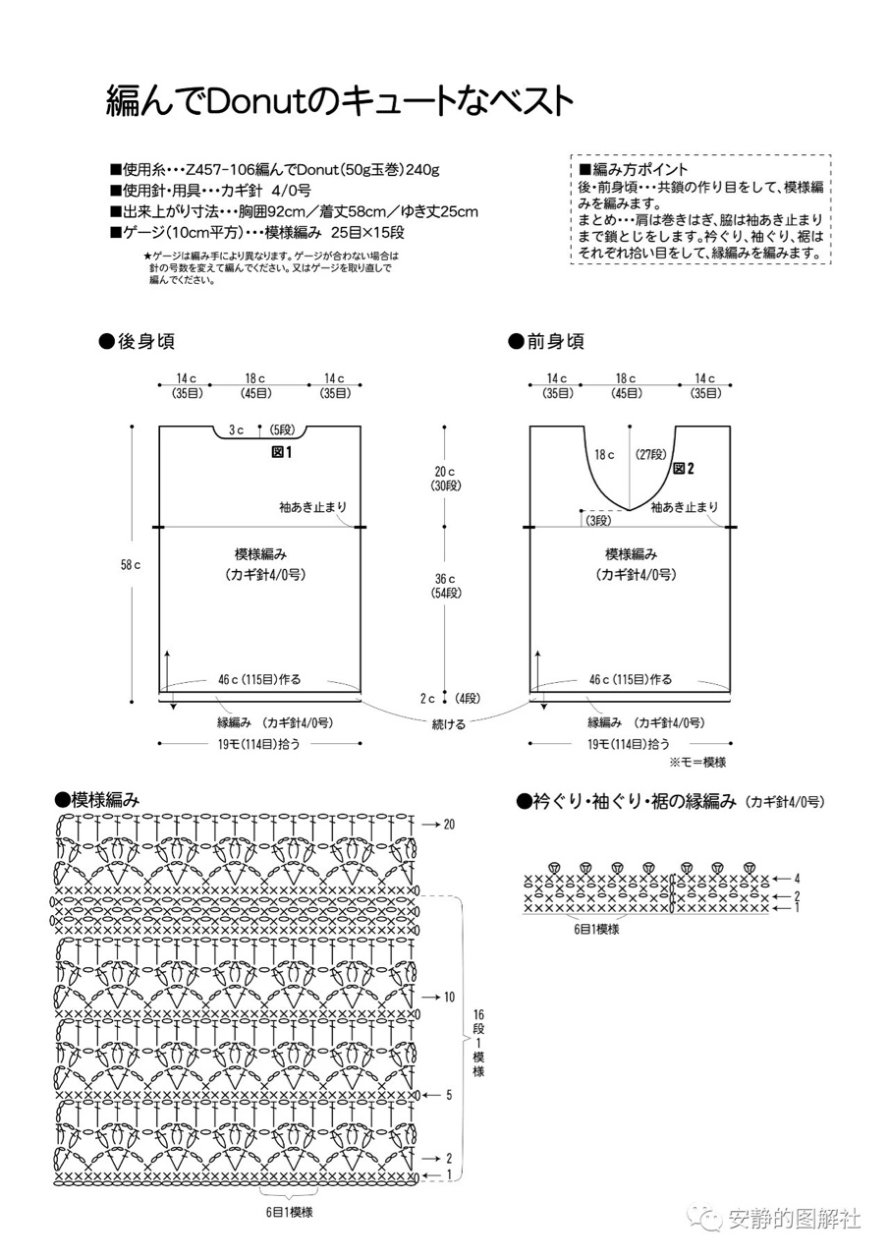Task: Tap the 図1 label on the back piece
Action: click(x=282, y=452)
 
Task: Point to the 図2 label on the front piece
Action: click(x=684, y=469)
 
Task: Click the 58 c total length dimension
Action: click(x=131, y=565)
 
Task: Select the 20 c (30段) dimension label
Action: click(x=445, y=479)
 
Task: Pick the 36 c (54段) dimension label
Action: click(x=445, y=586)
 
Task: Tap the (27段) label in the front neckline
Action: click(x=651, y=454)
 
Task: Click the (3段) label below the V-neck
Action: click(x=598, y=521)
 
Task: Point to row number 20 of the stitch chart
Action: click(x=449, y=825)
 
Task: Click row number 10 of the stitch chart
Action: click(x=449, y=997)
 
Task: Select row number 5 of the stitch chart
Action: click(x=449, y=1095)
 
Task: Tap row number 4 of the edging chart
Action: click(x=797, y=879)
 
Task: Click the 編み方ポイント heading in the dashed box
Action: click(x=633, y=169)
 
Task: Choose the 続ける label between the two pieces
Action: click(x=448, y=724)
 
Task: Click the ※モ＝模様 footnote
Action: click(x=697, y=762)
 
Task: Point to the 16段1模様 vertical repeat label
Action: click(x=478, y=1043)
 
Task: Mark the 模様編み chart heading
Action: click(x=97, y=799)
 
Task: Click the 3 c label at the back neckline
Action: click(x=236, y=430)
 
